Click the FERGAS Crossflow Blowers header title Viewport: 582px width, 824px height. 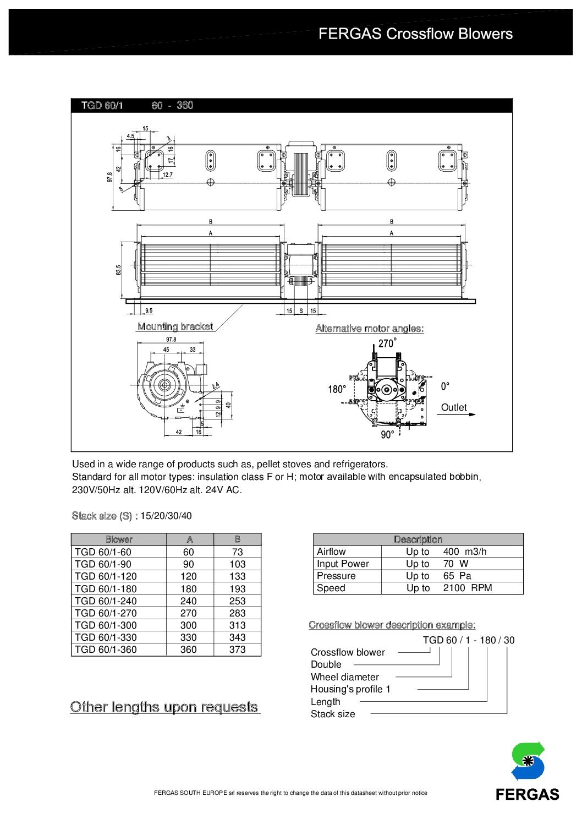[415, 34]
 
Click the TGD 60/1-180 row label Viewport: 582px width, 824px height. [106, 588]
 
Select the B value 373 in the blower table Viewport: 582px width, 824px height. [237, 650]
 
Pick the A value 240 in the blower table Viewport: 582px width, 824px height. [189, 601]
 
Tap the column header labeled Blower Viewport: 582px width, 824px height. [119, 539]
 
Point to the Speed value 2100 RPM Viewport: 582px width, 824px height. [467, 588]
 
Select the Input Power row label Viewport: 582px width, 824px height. [343, 564]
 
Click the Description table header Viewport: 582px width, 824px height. [418, 539]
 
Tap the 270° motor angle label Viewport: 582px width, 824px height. [387, 343]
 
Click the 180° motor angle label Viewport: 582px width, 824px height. [337, 389]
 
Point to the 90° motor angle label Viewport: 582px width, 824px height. [387, 435]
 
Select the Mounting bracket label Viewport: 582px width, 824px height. [175, 326]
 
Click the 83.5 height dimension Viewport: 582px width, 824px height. [118, 270]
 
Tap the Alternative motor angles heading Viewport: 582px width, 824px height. [369, 329]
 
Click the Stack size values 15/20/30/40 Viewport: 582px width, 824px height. [166, 516]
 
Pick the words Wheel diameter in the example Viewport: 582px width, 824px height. [344, 677]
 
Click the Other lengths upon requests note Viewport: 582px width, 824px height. [164, 707]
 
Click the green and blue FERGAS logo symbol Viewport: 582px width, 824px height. [528, 761]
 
